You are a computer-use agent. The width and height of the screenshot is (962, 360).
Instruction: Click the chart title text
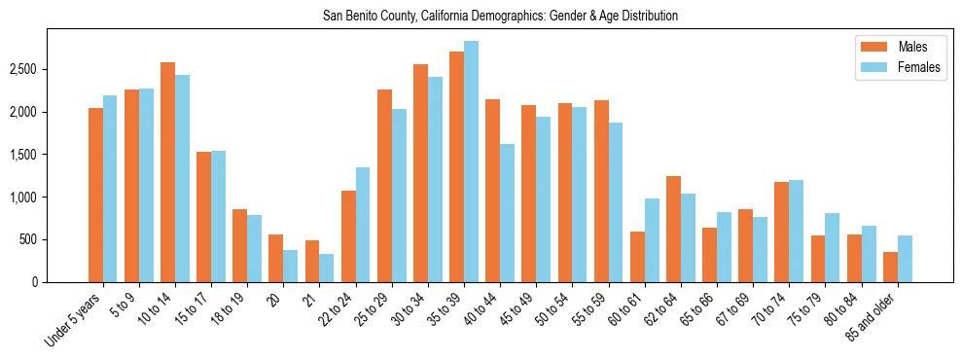(x=500, y=17)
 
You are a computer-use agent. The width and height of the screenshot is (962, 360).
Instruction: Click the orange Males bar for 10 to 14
(x=167, y=172)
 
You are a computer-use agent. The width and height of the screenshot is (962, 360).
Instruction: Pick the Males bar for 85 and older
(x=889, y=268)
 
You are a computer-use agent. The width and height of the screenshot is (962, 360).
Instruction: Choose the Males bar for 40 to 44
(x=493, y=191)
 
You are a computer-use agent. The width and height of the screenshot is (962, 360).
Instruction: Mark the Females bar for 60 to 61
(x=652, y=240)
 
